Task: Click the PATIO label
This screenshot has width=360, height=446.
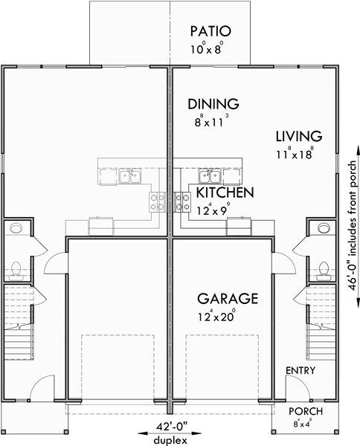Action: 210,31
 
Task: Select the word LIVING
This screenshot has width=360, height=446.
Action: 298,137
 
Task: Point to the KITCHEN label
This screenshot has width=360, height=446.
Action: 225,193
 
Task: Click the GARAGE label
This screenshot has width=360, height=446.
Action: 227,299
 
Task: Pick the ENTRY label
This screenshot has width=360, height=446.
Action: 300,371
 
